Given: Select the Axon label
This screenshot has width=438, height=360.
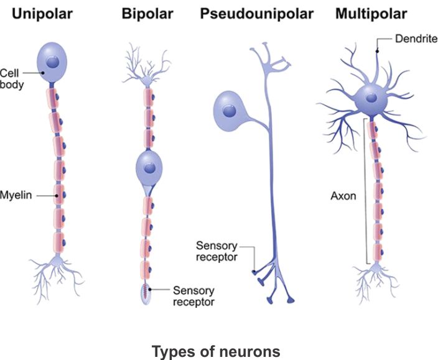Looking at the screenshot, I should (x=343, y=196).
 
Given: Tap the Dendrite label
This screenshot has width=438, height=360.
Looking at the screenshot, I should (x=416, y=39).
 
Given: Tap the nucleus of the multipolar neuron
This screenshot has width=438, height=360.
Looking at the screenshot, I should (x=372, y=98).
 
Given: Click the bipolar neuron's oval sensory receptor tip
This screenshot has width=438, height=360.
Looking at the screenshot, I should (x=146, y=295).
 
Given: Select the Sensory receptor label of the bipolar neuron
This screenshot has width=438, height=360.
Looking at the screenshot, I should (x=193, y=296).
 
